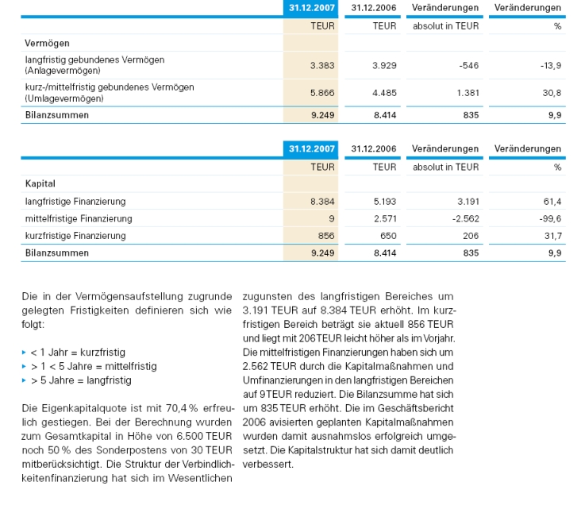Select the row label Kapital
pos(40,184)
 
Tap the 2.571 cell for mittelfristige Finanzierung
pos(385,218)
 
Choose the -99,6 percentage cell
pos(549,218)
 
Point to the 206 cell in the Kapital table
pos(471,236)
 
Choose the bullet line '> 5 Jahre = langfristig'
pos(80,380)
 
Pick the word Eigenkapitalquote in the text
pos(76,407)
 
